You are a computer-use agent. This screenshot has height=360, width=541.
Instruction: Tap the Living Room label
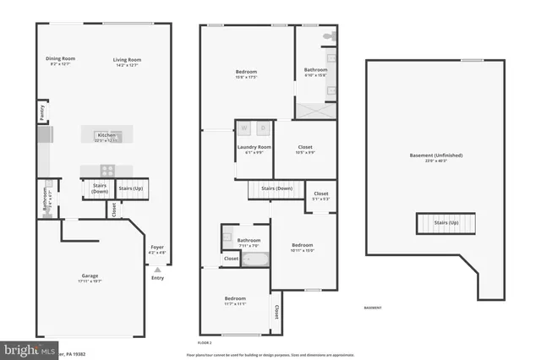127,60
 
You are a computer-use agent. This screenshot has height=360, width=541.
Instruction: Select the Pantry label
41,111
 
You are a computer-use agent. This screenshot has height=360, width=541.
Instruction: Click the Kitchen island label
107,136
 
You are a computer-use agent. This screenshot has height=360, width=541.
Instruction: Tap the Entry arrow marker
157,270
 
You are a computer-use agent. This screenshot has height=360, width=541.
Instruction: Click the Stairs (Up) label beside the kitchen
130,188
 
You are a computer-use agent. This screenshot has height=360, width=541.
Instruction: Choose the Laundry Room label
254,149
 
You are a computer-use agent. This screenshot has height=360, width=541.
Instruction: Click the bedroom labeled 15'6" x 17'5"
246,74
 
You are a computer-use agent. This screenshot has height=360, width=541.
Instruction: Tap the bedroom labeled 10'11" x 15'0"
302,247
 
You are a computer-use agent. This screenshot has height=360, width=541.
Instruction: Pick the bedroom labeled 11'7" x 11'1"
235,301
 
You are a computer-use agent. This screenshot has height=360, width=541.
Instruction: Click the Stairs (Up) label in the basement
446,224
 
